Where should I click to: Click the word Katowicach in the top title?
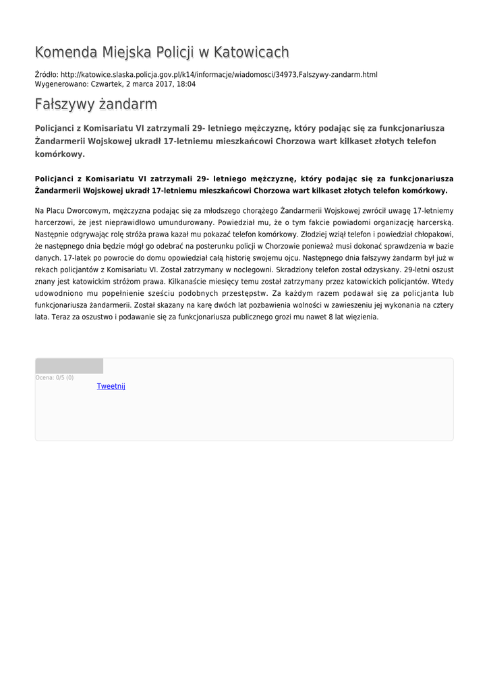coord(251,53)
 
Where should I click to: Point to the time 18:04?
coord(187,84)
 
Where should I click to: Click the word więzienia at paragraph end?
coord(361,317)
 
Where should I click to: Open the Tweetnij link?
coord(111,387)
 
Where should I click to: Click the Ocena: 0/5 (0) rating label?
coord(55,378)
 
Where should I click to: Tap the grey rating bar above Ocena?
coord(69,367)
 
